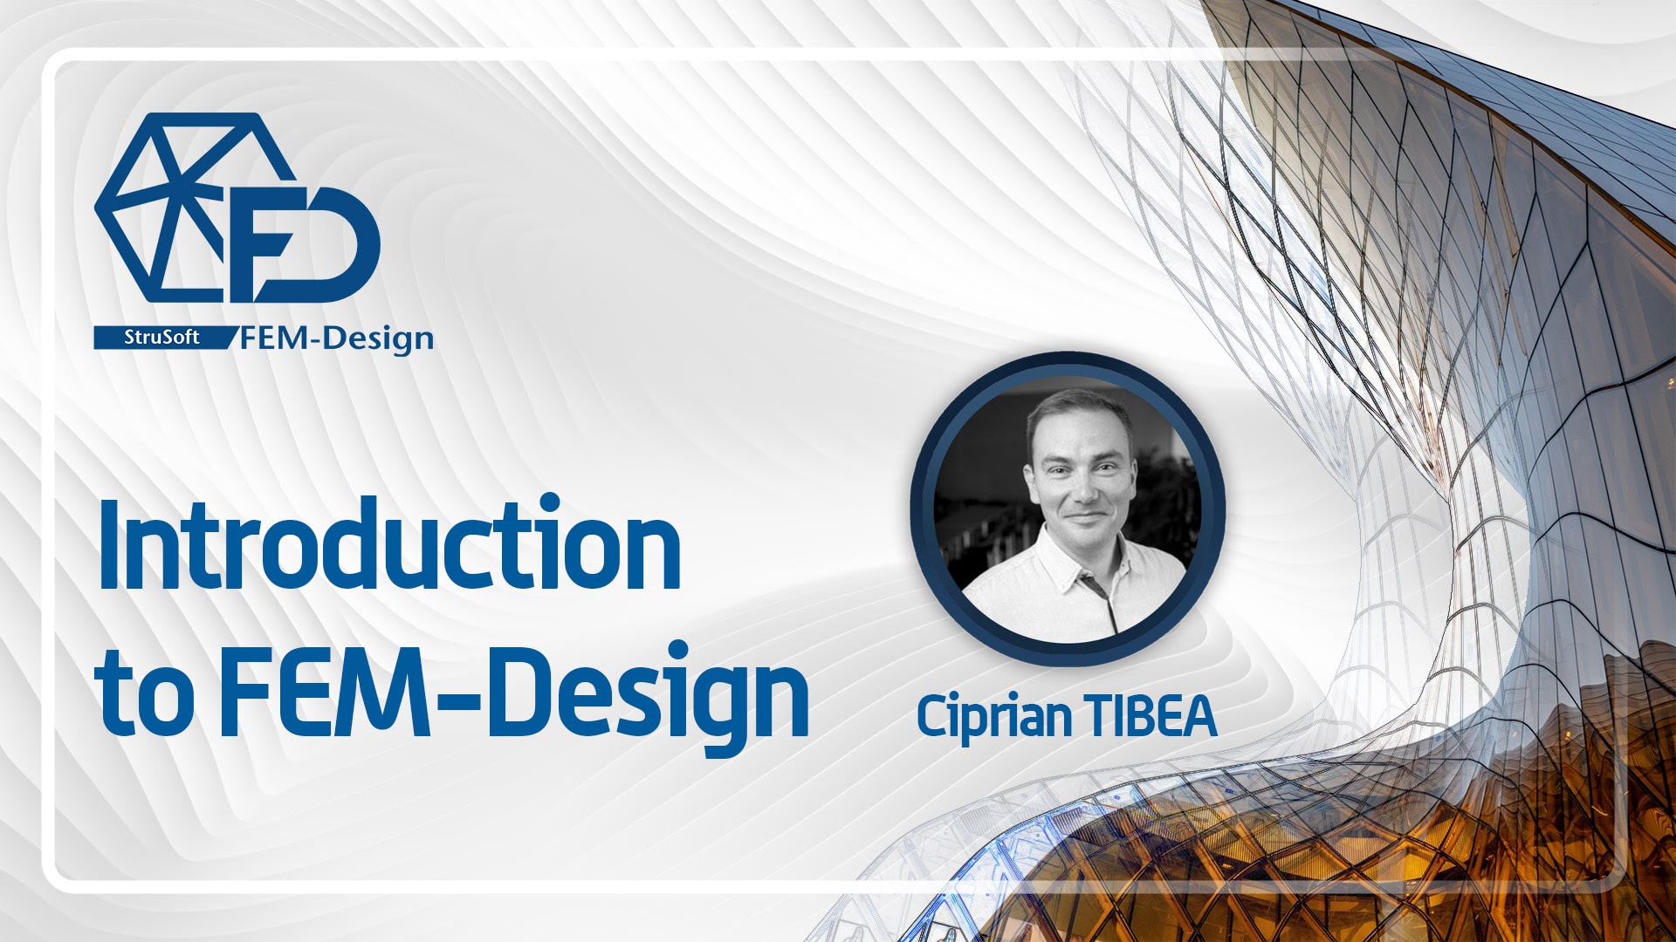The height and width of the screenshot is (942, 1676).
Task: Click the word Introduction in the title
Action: point(389,544)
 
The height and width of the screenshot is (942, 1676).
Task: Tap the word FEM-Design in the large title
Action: point(515,694)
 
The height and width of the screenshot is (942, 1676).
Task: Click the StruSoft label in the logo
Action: point(161,338)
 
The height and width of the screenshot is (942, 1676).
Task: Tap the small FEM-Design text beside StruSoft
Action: point(337,338)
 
